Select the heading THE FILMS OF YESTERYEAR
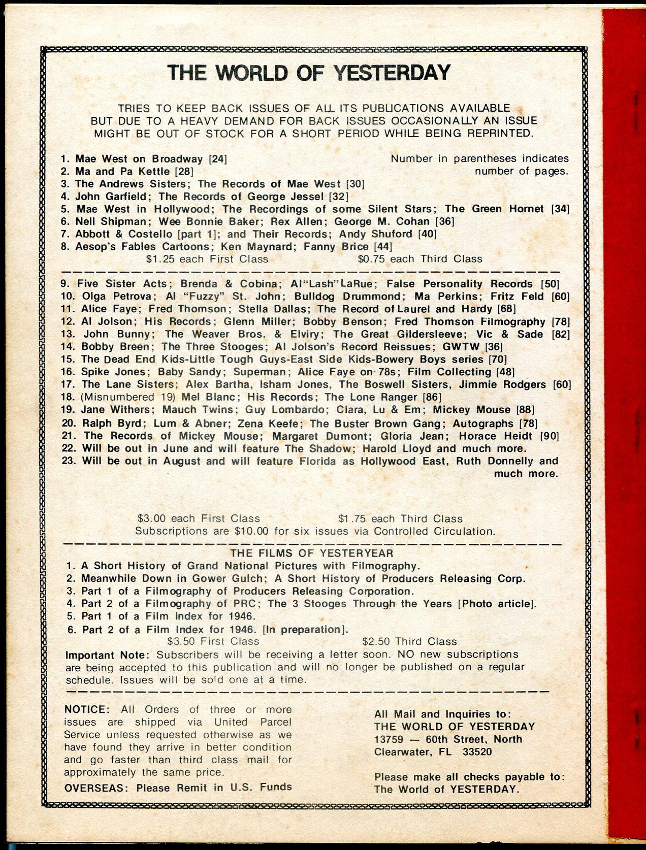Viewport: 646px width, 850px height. [312, 553]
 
